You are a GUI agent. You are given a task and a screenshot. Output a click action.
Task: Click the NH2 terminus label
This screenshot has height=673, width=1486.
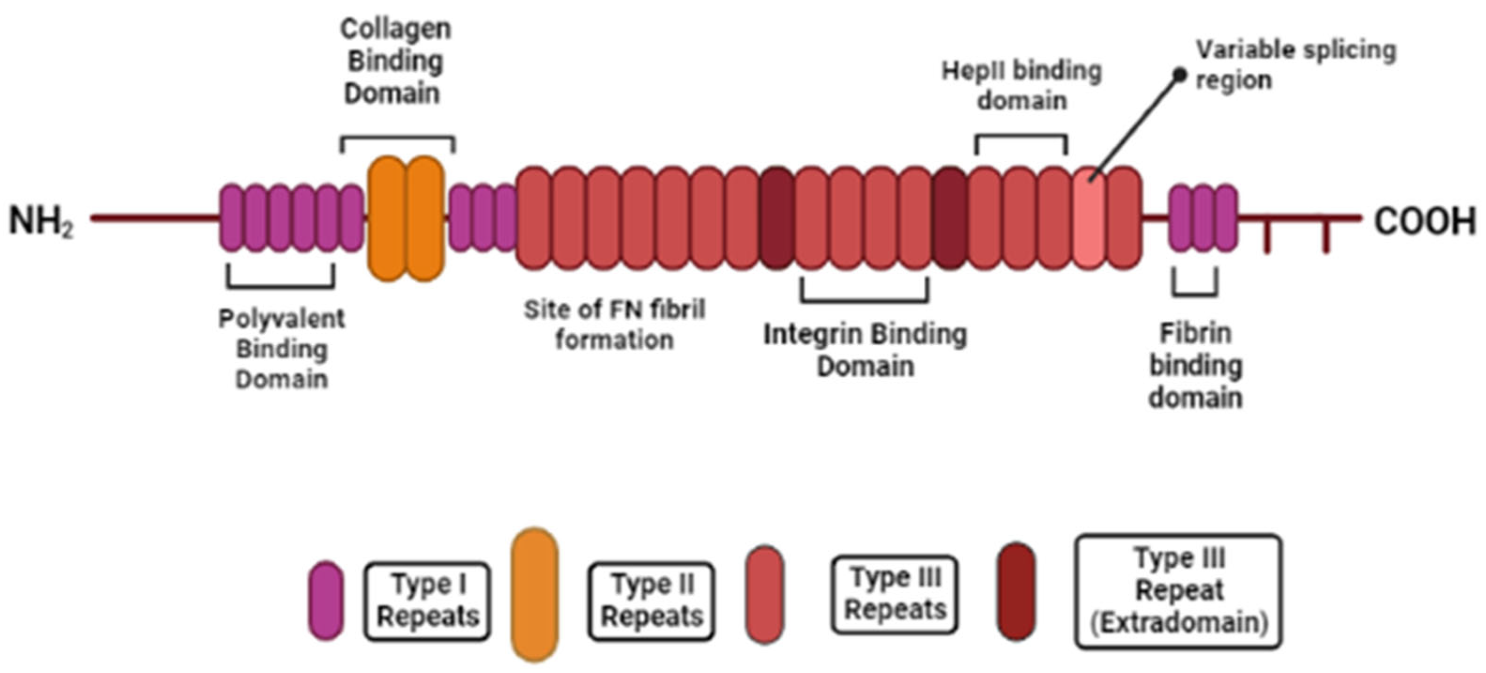point(41,222)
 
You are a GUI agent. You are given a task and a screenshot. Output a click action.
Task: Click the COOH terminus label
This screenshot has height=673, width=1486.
point(1424,222)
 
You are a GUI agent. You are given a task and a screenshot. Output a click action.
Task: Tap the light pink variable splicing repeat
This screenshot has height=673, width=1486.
point(1089,218)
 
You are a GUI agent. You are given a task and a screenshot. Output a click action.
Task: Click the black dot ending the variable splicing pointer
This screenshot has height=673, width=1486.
point(1180,75)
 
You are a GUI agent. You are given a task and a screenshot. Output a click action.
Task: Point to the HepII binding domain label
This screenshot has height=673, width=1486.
point(1022,85)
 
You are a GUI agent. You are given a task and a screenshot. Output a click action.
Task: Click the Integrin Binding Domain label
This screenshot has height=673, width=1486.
point(865,350)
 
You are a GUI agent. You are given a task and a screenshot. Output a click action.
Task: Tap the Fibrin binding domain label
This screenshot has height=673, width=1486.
point(1195,365)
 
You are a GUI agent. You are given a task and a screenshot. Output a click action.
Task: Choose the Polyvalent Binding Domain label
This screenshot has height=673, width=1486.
point(281,348)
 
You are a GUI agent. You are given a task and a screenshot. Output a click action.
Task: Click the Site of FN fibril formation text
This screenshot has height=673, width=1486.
point(615,325)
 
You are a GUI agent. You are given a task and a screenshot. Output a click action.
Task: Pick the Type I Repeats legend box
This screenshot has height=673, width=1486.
point(427,601)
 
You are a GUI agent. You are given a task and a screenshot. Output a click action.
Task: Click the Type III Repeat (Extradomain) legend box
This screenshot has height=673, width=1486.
point(1178,591)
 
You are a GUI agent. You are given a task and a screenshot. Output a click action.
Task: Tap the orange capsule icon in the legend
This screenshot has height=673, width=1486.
point(534,595)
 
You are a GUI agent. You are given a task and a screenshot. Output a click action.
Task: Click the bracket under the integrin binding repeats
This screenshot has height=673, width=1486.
point(864,299)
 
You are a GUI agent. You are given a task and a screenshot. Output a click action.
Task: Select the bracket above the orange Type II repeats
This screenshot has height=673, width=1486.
point(398,138)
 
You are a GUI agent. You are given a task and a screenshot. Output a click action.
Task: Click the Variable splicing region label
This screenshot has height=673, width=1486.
point(1295,64)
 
